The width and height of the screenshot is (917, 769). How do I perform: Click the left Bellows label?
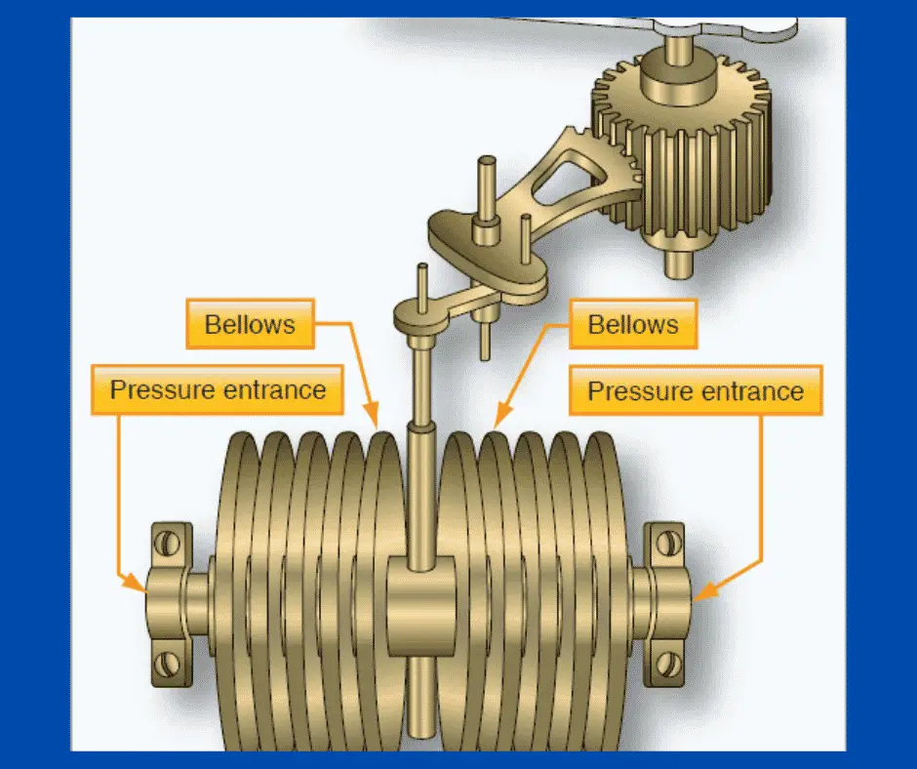[250, 324]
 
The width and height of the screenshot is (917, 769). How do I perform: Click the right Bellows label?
[632, 324]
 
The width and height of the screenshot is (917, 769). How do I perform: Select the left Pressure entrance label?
[218, 389]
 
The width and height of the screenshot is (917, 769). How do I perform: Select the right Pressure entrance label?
[696, 391]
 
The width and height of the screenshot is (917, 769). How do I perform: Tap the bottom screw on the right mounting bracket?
[668, 665]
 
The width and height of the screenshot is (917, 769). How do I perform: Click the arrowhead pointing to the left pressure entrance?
[137, 586]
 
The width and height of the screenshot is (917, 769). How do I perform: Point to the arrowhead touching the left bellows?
[373, 420]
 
